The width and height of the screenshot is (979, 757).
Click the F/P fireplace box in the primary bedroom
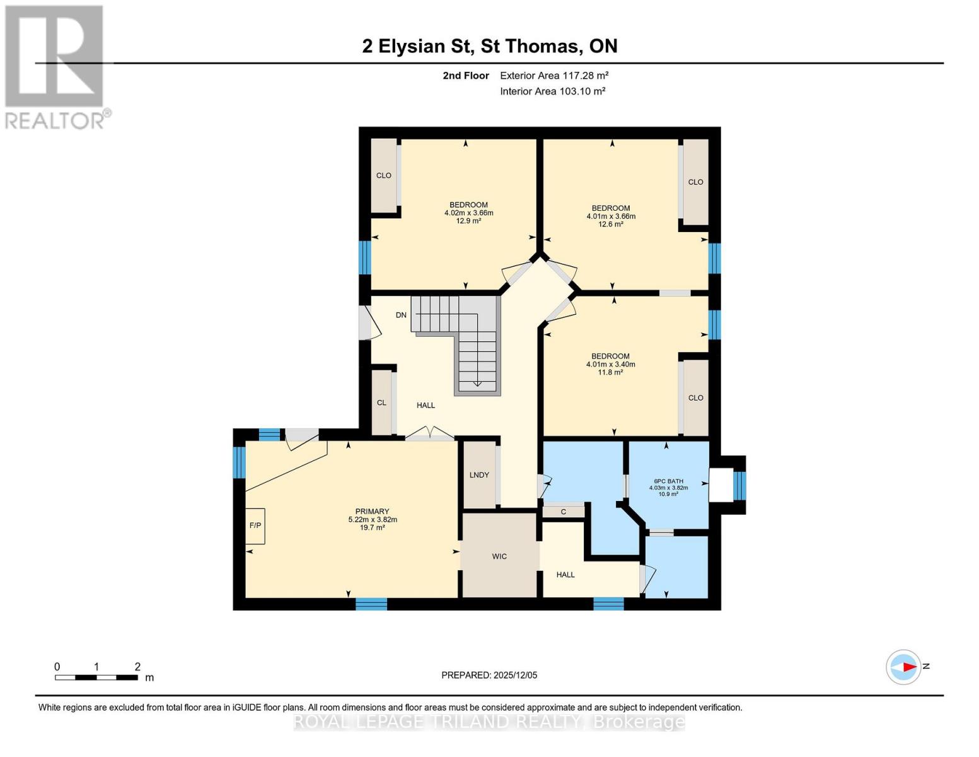point(255,525)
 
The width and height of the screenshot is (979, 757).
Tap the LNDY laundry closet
point(479,475)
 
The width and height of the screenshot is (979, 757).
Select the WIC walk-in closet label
point(499,556)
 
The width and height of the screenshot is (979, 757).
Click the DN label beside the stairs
point(401,315)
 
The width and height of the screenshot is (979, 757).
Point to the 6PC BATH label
point(668,481)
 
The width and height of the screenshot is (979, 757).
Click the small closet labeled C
point(564,512)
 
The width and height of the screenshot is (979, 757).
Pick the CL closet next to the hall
point(381,402)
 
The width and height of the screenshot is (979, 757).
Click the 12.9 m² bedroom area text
point(468,221)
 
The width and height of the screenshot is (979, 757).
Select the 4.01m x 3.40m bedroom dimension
point(610,364)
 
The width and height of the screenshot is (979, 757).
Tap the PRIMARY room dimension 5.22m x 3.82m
point(373,519)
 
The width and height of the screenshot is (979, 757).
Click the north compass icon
point(903,667)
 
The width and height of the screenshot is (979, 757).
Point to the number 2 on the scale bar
point(137,666)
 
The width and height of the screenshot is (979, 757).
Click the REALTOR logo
point(55,66)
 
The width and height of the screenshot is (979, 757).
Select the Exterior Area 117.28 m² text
point(554,75)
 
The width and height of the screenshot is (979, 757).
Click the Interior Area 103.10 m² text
point(553,91)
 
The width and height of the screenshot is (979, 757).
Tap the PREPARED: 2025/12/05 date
point(489,675)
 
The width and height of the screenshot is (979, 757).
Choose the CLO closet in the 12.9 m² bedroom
point(383,175)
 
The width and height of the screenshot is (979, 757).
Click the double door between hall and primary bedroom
point(429,434)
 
